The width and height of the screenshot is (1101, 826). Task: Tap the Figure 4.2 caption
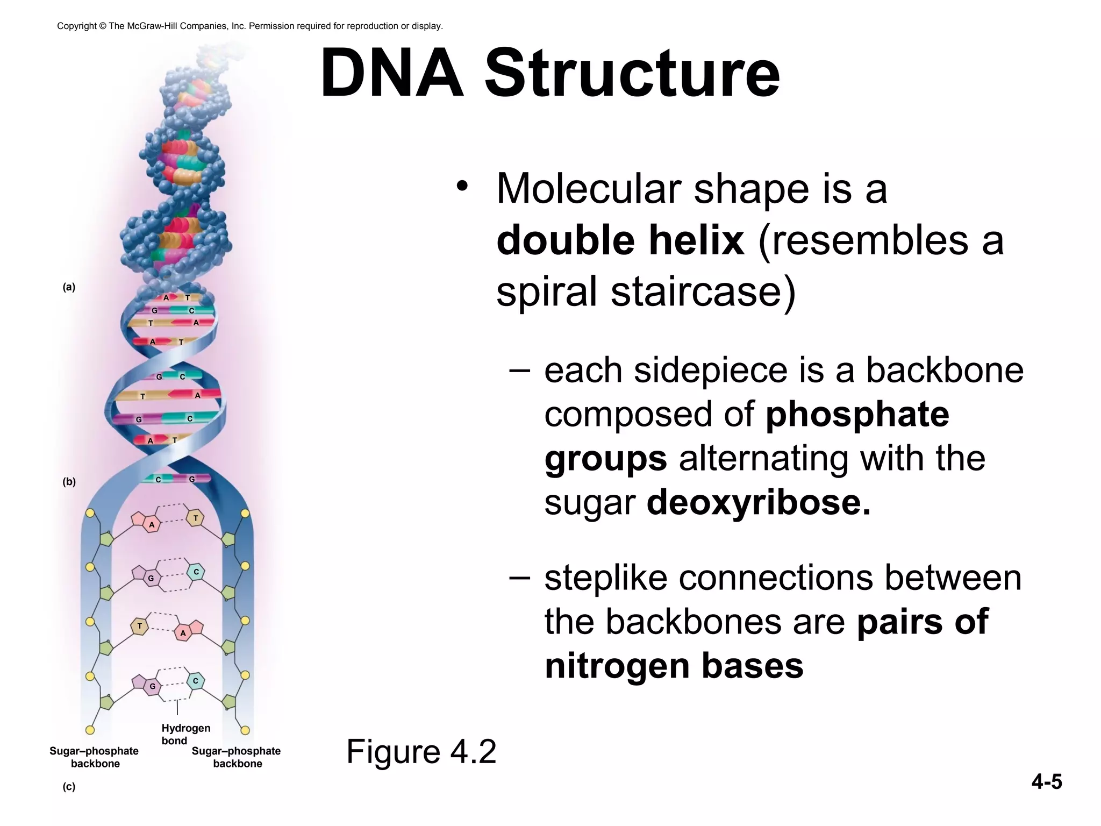click(x=421, y=751)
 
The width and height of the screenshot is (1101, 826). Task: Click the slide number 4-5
click(x=1046, y=781)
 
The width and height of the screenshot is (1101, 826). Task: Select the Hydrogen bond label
click(x=185, y=734)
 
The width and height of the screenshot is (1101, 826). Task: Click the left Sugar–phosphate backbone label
click(x=94, y=757)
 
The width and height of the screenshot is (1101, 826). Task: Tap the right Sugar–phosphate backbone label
click(x=237, y=757)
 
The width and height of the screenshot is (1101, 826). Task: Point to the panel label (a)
click(x=69, y=287)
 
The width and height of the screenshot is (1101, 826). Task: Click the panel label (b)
click(x=69, y=482)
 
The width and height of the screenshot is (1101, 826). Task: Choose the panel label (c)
click(x=69, y=787)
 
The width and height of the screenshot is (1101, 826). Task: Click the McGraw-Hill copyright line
click(x=250, y=26)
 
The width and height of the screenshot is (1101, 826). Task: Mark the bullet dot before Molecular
click(x=461, y=186)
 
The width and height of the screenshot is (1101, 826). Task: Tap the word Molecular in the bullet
click(x=589, y=189)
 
